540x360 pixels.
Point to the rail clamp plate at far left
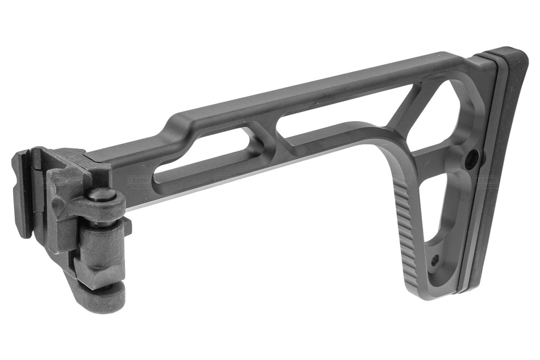[23, 193]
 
